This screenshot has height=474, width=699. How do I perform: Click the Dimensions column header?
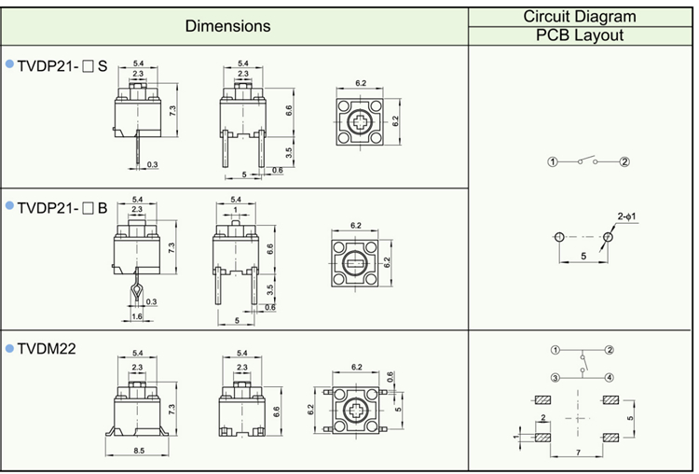tap(227, 26)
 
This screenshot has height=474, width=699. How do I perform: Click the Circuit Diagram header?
tap(580, 16)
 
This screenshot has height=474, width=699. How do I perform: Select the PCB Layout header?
tap(580, 36)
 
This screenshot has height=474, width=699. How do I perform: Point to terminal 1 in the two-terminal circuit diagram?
tap(553, 161)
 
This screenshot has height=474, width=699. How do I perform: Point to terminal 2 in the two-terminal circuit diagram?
tap(625, 161)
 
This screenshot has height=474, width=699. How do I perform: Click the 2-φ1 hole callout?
tap(626, 218)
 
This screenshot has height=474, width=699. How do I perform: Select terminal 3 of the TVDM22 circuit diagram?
tap(555, 377)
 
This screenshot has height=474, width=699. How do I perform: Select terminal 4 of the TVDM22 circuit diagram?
tap(609, 377)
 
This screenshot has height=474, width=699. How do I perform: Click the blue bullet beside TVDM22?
tap(10, 348)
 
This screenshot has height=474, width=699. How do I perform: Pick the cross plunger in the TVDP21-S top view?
tap(359, 124)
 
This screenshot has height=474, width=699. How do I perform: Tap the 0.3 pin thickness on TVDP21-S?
tap(152, 164)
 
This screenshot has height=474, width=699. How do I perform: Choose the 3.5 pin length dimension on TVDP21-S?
tap(289, 151)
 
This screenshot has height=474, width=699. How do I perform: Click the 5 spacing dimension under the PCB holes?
tap(583, 254)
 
